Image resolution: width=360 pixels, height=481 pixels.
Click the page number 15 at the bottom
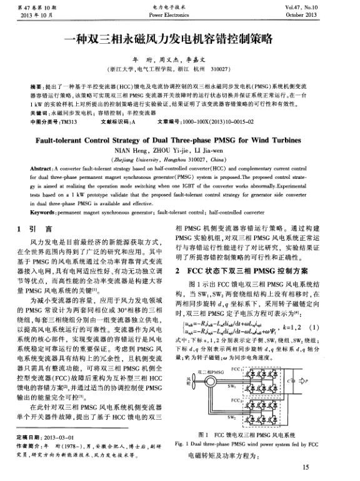tap(305, 467)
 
